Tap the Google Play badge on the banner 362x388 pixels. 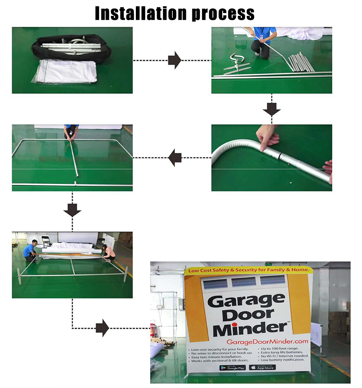233,367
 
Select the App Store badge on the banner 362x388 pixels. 262,367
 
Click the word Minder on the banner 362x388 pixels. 249,328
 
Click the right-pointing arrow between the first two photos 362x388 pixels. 174,60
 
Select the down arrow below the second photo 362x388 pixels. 272,108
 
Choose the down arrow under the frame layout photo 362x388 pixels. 72,210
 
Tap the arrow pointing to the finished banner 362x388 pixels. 102,328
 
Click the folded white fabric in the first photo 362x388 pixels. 65,71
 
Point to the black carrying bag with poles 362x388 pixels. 71,47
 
